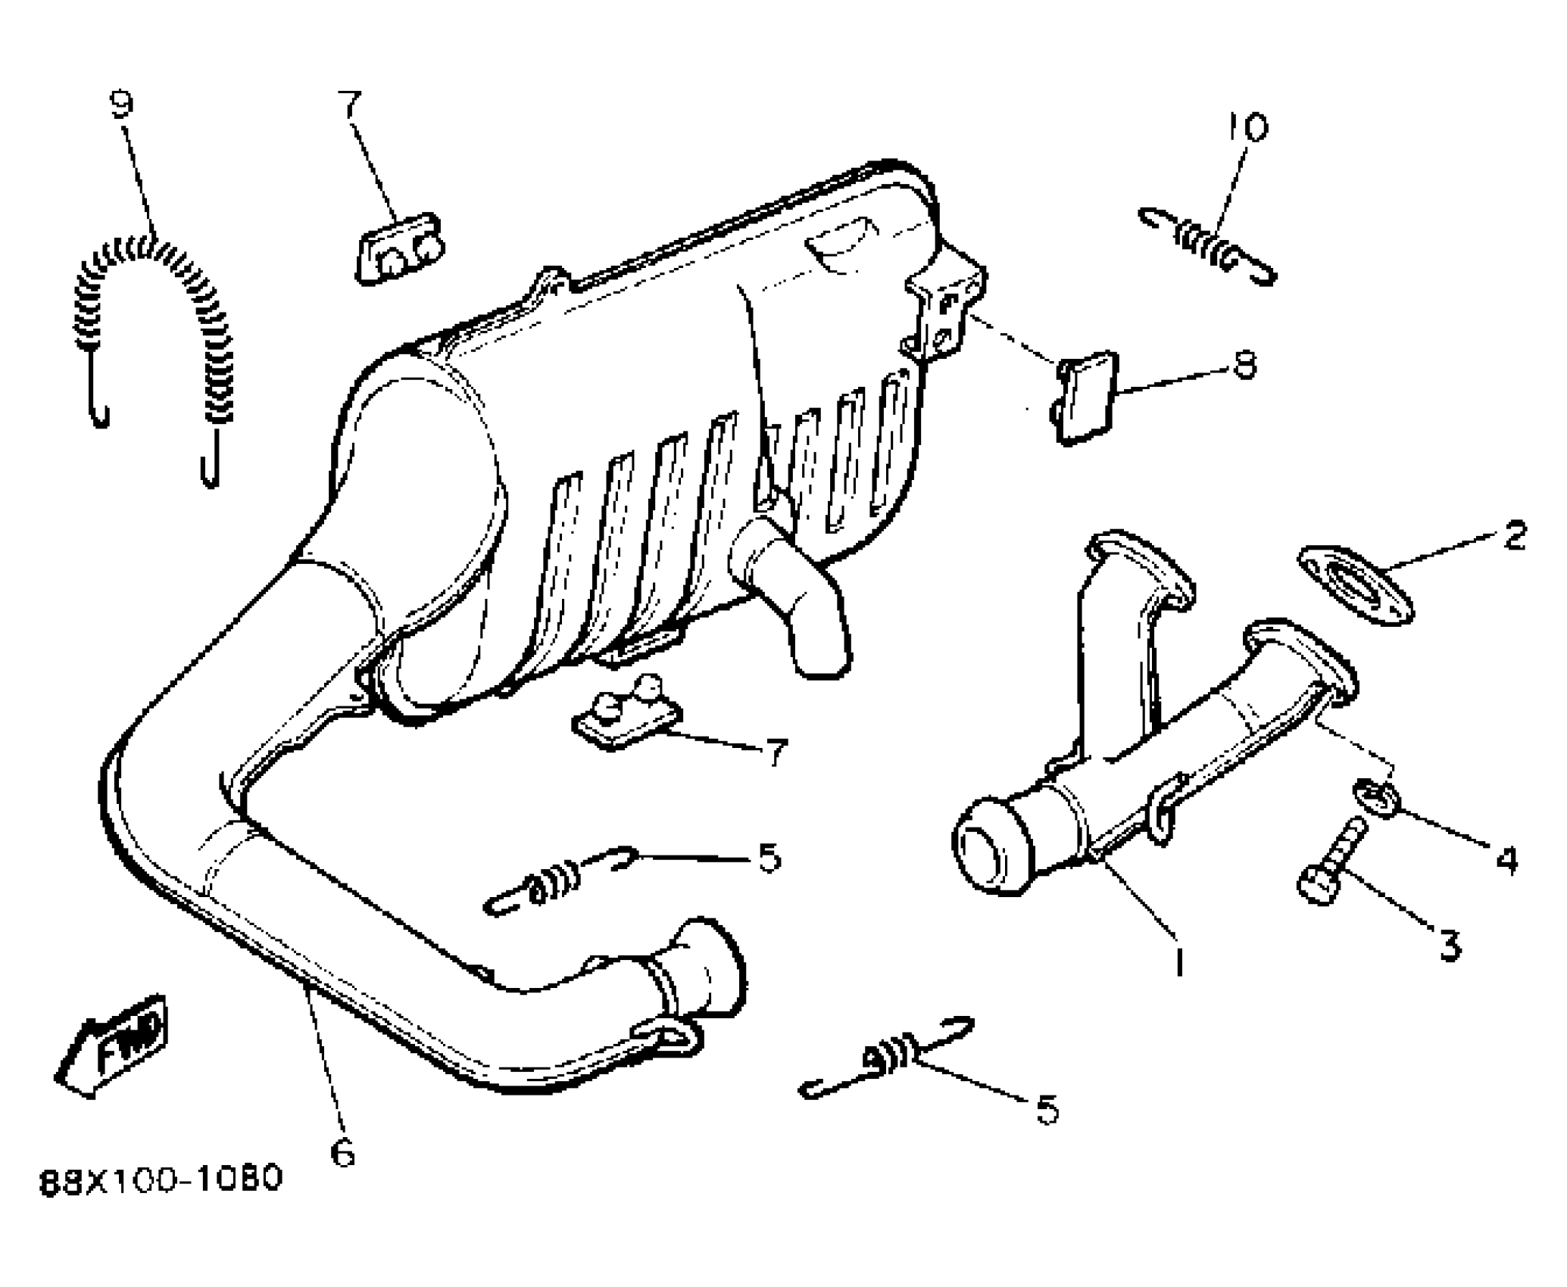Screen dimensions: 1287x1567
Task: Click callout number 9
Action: (x=121, y=105)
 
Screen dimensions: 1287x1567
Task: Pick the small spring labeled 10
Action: (x=1208, y=247)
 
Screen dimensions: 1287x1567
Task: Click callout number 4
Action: (x=1504, y=861)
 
